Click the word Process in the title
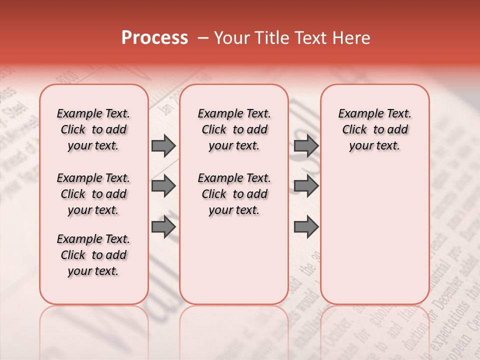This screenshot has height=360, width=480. (x=154, y=38)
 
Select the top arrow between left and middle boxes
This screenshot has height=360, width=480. (x=163, y=146)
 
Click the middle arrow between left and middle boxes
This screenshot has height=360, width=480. (x=163, y=186)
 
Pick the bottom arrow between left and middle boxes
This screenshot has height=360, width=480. (x=163, y=226)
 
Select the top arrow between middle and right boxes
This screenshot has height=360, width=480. (x=306, y=146)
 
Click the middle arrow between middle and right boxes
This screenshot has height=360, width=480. (x=306, y=186)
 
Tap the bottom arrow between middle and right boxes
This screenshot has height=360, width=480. (x=306, y=226)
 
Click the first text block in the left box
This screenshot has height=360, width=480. (x=93, y=129)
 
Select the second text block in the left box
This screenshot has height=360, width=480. (x=93, y=194)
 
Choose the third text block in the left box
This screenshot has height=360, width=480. (x=93, y=255)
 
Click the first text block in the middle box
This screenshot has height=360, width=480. (x=234, y=129)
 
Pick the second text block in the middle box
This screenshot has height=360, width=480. (x=234, y=194)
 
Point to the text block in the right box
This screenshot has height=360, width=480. (x=374, y=129)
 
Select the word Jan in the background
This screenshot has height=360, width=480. (x=163, y=107)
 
